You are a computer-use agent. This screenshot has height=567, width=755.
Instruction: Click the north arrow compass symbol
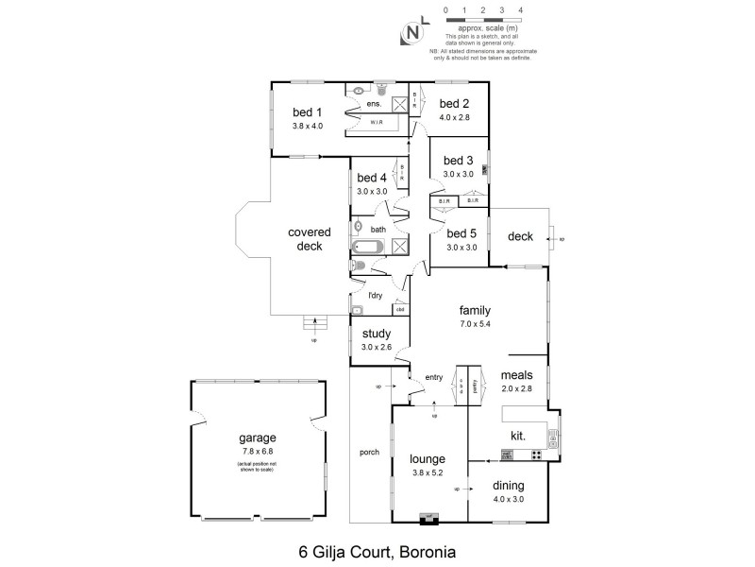tap(412, 33)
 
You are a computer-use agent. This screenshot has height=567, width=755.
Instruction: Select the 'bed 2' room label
tap(454, 104)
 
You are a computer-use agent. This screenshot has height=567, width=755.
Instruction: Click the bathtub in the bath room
tap(366, 248)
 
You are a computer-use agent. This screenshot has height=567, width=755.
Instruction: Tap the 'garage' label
tap(257, 438)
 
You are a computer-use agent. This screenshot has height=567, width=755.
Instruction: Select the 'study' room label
tap(376, 335)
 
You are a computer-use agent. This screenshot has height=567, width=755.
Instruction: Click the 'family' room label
tap(475, 310)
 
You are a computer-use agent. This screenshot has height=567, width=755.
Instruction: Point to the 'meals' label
tap(516, 374)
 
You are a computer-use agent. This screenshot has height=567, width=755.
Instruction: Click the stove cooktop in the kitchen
tap(535, 455)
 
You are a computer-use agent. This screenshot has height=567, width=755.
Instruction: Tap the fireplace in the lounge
tap(429, 516)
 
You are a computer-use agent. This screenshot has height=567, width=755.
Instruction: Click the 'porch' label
tap(369, 452)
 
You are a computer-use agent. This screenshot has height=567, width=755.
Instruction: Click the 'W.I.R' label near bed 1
tap(376, 122)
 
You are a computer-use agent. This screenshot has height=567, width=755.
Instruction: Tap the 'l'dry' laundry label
tap(375, 296)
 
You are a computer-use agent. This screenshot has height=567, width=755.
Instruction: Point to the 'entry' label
tap(434, 377)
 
